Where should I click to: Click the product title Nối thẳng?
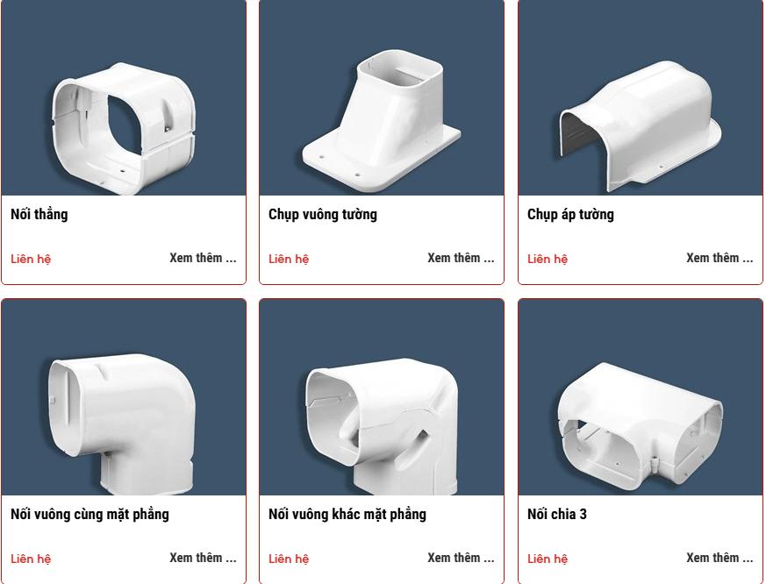coord(39,214)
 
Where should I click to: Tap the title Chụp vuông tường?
coord(323,214)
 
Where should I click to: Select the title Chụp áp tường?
coord(570,214)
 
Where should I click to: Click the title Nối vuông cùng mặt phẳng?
coord(89,514)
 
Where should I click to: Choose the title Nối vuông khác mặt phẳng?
coord(347,514)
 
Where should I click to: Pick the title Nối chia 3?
coord(557,514)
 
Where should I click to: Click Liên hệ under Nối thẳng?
coord(31,259)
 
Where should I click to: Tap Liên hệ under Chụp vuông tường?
coord(289,259)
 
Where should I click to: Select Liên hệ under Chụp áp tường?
coord(548,259)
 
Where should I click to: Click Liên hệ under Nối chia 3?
coord(548,559)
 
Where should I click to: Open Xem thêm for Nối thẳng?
coord(203,258)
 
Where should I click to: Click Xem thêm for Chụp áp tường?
coord(719,258)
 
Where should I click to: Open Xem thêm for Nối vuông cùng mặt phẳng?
coord(203,558)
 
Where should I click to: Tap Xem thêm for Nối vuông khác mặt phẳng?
coord(461,558)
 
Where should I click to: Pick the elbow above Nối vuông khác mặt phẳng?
coord(382,421)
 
